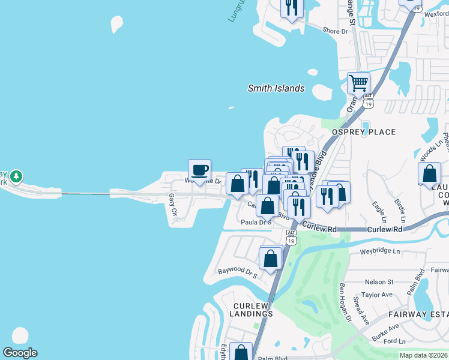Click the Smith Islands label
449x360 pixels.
[276, 88]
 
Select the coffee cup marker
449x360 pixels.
[199, 170]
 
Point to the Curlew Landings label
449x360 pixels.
[253, 309]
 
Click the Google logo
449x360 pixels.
[20, 353]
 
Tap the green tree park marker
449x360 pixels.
[16, 176]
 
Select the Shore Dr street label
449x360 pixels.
[335, 31]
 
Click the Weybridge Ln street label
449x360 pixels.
[379, 251]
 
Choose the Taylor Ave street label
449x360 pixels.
[377, 295]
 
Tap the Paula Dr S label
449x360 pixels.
[256, 222]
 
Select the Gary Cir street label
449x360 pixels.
[173, 204]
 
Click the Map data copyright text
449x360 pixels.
[423, 355]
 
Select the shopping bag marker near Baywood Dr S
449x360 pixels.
[271, 259]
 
